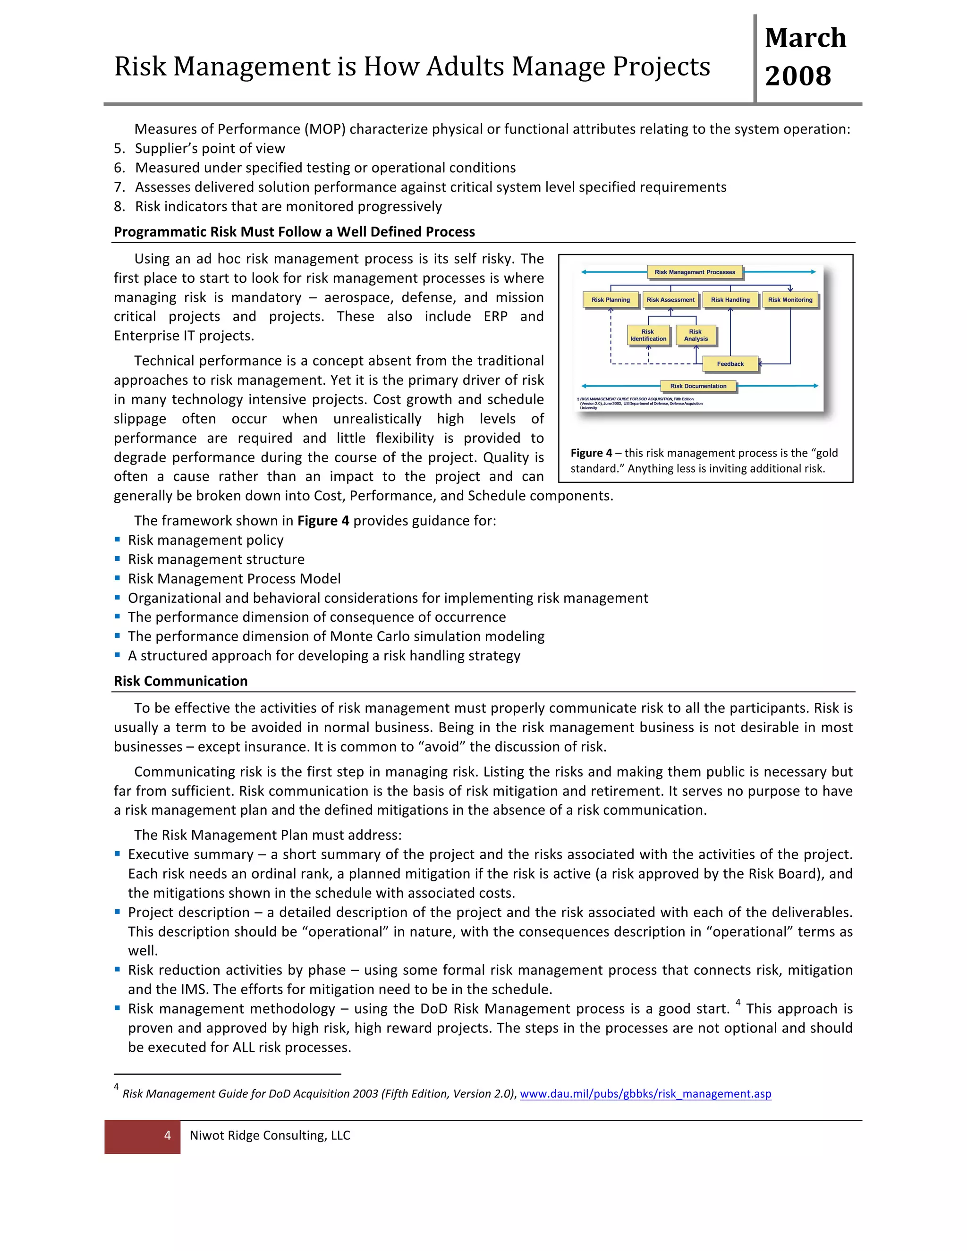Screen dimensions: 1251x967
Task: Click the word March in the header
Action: click(805, 38)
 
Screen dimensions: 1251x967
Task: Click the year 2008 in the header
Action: click(797, 76)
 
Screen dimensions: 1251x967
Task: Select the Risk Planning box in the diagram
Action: click(610, 300)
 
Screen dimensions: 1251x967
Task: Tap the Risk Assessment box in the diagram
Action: click(670, 300)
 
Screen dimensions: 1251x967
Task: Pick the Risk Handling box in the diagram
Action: click(730, 300)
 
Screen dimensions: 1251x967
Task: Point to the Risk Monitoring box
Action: click(790, 300)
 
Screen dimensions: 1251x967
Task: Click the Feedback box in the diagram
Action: click(730, 363)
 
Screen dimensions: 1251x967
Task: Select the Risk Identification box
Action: click(648, 335)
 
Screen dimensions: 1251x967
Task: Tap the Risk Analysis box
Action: click(696, 335)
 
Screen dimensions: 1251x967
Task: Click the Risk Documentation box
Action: click(698, 386)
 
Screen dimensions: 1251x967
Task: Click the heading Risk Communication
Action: click(180, 681)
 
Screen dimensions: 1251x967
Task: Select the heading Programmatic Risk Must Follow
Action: click(294, 232)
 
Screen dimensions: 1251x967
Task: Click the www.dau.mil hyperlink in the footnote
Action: click(645, 1093)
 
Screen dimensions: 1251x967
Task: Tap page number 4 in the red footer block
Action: click(167, 1135)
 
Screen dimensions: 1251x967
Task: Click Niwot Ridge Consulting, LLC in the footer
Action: click(270, 1135)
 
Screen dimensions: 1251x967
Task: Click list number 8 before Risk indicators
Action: click(119, 207)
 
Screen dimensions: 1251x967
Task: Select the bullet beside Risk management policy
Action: click(118, 540)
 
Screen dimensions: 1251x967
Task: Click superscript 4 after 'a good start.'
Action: click(738, 1002)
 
